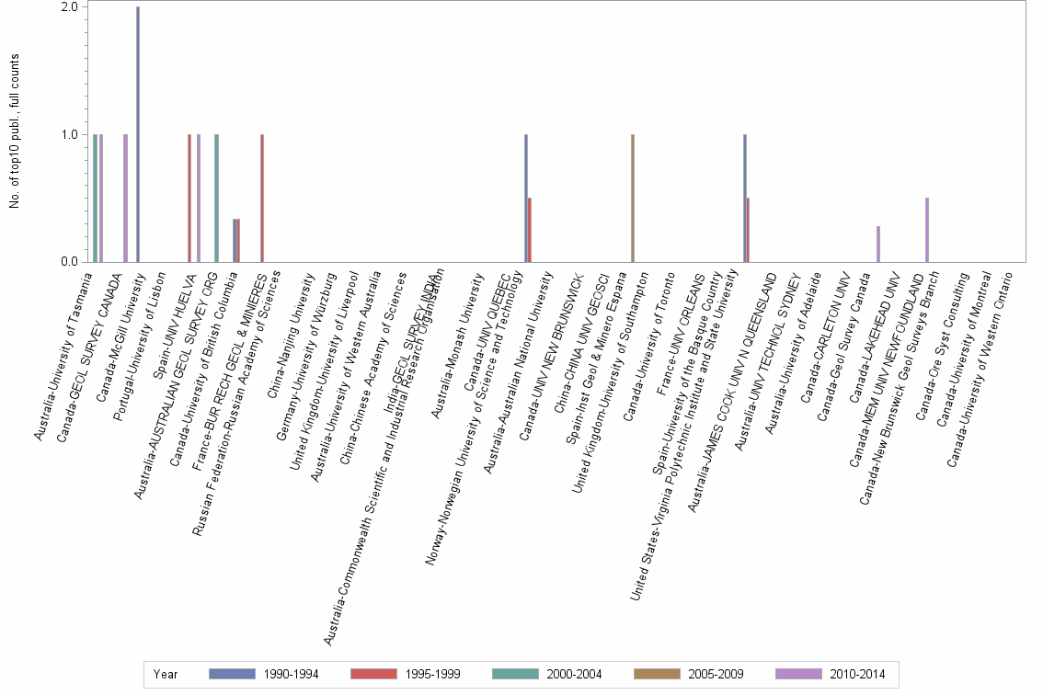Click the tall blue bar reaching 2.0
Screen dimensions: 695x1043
pos(138,134)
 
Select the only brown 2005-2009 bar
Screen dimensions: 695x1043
pos(633,199)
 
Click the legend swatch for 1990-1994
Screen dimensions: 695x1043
pos(231,674)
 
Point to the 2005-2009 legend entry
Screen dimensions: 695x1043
pos(713,674)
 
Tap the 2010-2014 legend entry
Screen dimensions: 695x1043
pos(854,674)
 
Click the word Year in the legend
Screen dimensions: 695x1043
pos(166,674)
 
